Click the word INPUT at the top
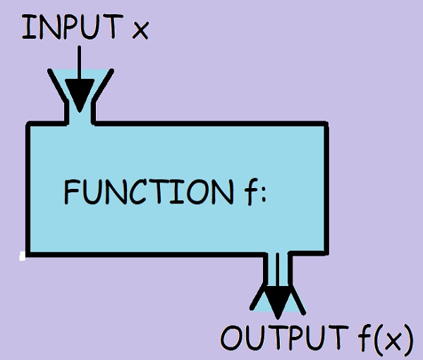pos(70,27)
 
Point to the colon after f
pos(258,194)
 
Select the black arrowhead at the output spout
pos(280,301)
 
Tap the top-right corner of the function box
pos(326,125)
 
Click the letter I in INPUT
pos(27,27)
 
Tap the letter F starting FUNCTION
pos(71,191)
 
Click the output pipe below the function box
pos(279,268)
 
